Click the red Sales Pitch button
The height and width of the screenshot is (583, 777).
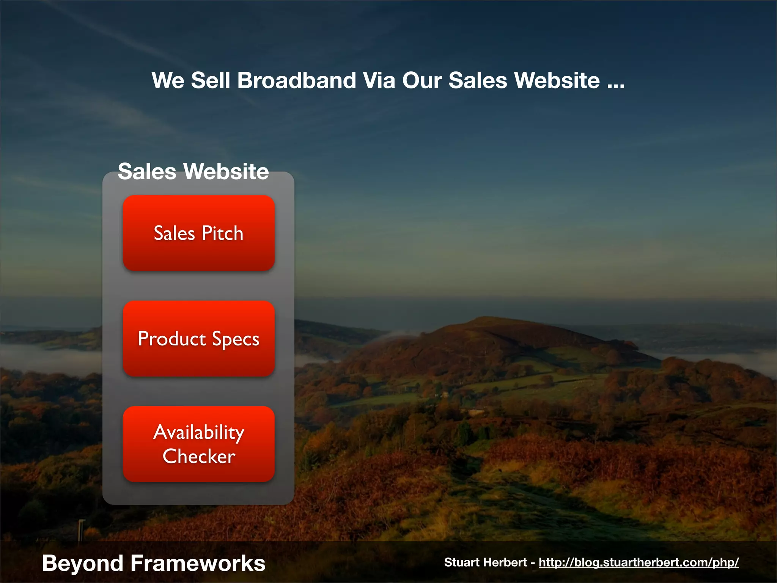pyautogui.click(x=198, y=233)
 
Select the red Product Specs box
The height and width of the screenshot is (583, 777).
pyautogui.click(x=198, y=338)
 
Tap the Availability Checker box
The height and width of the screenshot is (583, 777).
pyautogui.click(x=198, y=444)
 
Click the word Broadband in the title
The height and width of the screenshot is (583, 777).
pyautogui.click(x=297, y=80)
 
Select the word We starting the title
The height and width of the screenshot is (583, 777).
pyautogui.click(x=168, y=80)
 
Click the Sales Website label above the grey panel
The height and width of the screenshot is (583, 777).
pyautogui.click(x=193, y=171)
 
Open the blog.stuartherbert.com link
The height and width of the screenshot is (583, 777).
pyautogui.click(x=639, y=562)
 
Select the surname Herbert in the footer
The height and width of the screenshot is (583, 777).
pyautogui.click(x=510, y=562)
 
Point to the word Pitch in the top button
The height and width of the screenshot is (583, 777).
pyautogui.click(x=222, y=233)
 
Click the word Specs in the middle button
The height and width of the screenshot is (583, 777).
pyautogui.click(x=235, y=339)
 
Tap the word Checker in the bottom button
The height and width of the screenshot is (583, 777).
pyautogui.click(x=199, y=456)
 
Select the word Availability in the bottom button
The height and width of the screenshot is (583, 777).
pyautogui.click(x=199, y=432)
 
